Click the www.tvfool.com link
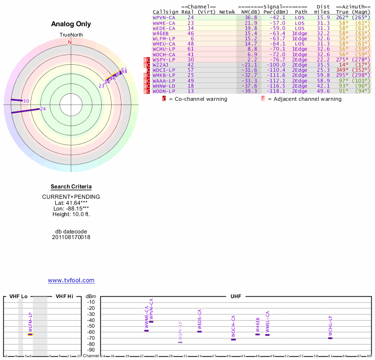(71, 280)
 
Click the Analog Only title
(71, 24)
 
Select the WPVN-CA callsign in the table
(164, 17)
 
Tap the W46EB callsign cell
(161, 33)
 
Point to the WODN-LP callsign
(164, 91)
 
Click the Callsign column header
(165, 12)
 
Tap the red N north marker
(70, 42)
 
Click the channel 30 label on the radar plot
(26, 101)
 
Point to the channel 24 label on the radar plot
(43, 109)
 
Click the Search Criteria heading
(71, 187)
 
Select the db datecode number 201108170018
(71, 237)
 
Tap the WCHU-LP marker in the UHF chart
(330, 338)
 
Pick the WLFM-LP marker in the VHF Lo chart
(30, 334)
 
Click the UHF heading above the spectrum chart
(235, 296)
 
